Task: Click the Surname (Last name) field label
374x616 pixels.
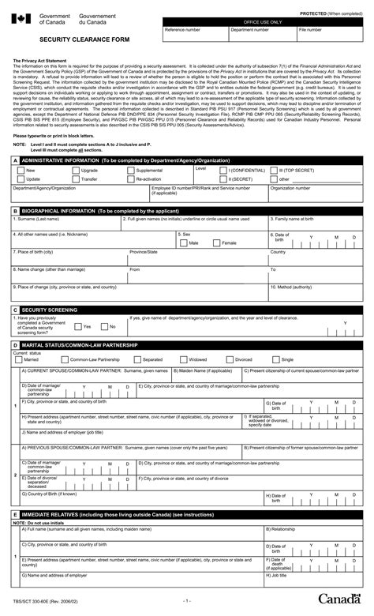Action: click(x=33, y=218)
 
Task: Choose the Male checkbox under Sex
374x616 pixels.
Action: click(x=184, y=242)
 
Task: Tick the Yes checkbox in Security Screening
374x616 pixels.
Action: click(x=77, y=325)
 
